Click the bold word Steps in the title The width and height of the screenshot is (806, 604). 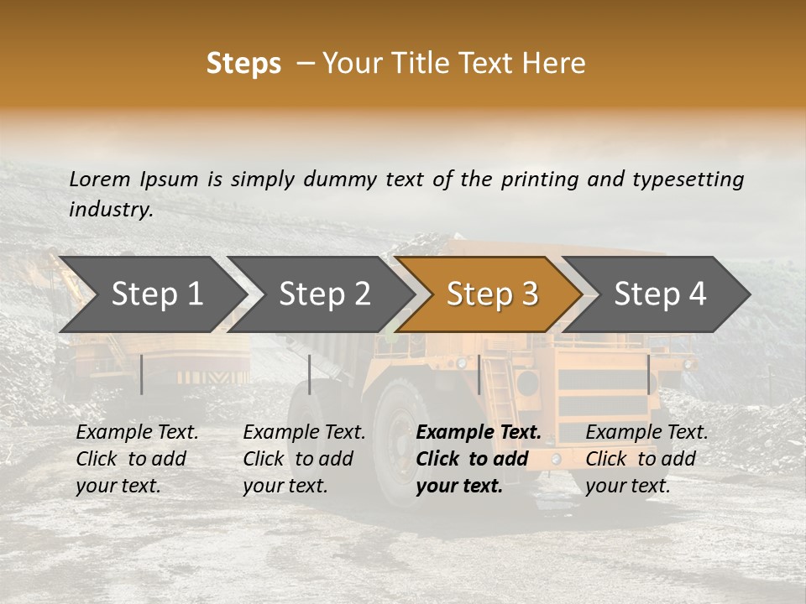(243, 64)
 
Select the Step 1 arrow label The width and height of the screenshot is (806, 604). (157, 294)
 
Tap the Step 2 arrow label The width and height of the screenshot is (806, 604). (325, 294)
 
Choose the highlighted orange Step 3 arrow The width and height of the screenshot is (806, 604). (492, 294)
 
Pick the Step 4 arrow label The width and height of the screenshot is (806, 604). (660, 294)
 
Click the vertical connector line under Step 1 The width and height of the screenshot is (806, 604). (142, 374)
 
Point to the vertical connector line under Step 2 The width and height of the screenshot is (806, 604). (310, 374)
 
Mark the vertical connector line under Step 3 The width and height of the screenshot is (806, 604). (479, 374)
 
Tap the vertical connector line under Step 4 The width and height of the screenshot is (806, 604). (648, 374)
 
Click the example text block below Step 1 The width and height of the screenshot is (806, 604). (137, 459)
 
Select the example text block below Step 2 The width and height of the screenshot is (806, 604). (304, 459)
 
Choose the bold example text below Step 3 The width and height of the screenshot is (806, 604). (479, 459)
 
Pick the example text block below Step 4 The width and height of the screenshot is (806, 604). (646, 459)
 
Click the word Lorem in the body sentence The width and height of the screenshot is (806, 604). (100, 179)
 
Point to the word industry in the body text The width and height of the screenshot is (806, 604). (110, 209)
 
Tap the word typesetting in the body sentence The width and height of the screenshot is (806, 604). (688, 179)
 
